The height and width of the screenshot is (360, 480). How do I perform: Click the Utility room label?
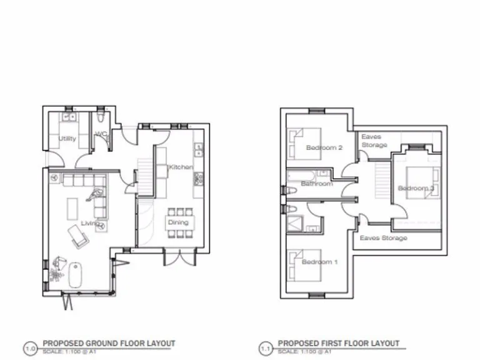[67, 139]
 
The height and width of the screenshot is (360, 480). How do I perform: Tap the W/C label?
[100, 134]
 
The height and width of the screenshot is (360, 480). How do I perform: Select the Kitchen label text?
[181, 167]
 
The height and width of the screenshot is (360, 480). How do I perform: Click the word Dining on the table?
[178, 222]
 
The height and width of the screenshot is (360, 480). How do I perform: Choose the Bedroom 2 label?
[324, 148]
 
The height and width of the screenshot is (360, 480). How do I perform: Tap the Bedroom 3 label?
[416, 188]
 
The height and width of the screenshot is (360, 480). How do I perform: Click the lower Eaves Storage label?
[383, 238]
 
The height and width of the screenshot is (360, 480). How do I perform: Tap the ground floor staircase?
[145, 167]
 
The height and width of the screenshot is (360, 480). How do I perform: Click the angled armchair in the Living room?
[78, 234]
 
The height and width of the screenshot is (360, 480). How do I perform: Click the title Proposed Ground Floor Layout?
[109, 343]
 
